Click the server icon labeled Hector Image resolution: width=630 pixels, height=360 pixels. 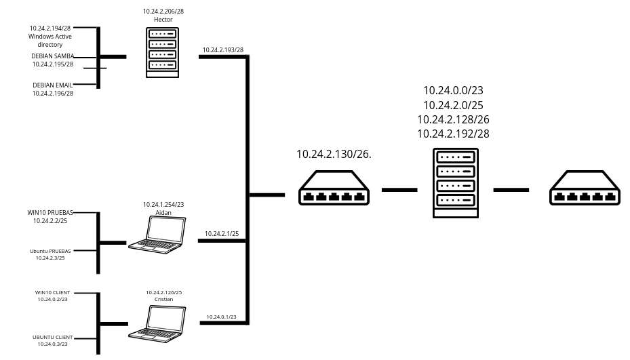pos(162,52)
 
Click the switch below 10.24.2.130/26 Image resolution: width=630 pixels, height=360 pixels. pos(334,188)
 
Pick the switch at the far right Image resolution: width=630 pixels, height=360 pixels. pos(585,188)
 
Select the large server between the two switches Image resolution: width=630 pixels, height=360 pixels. pos(456,183)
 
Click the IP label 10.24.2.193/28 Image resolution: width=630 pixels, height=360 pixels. pos(222,50)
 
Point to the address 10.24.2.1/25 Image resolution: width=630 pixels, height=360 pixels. pos(222,234)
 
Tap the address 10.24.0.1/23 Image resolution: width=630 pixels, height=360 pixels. pos(222,317)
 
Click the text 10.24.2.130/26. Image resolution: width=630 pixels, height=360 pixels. pos(334,155)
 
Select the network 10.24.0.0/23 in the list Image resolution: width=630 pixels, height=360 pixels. pos(453,90)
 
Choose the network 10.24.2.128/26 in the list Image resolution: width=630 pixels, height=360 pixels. pos(453,119)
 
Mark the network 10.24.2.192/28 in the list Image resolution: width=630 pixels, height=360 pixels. pos(453,134)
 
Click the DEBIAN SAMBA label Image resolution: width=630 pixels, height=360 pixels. pos(53,56)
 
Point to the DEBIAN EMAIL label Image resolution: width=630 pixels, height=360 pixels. pos(53,85)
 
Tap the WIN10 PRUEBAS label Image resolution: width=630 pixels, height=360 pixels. pos(50,213)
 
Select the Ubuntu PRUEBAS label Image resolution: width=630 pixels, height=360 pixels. pos(50,251)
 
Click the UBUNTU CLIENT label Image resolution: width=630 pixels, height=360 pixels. pos(53,337)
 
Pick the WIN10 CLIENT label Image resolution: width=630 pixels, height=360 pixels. pos(53,293)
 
